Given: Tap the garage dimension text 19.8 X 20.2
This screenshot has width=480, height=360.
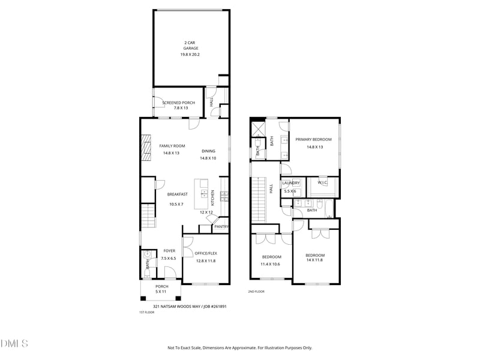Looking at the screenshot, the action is tap(190, 55).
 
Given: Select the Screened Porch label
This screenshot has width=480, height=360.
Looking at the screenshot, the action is tap(178, 103).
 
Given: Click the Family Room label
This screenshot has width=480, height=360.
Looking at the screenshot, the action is tap(172, 146).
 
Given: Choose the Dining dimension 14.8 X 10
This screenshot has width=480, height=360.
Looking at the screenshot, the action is tap(208, 158).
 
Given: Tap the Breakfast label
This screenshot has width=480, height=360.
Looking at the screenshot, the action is tap(177, 194).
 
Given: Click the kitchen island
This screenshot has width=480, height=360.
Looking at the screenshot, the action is tap(201, 194).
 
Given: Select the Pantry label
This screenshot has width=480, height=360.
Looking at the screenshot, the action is tap(221, 227).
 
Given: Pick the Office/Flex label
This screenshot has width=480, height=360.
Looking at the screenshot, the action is tap(206, 253).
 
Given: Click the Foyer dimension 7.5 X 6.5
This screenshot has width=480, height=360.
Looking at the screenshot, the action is tap(169, 259).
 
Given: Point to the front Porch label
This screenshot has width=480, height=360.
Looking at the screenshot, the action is tap(161, 287).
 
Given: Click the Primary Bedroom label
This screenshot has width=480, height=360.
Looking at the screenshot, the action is tap(313, 140).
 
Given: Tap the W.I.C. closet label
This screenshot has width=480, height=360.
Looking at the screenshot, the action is tap(322, 183).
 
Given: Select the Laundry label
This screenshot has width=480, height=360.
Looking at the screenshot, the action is tap(291, 183).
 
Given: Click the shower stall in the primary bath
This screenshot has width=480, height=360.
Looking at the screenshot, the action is tap(258, 128).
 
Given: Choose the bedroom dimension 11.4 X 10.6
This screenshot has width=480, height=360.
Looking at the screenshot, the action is tap(270, 264).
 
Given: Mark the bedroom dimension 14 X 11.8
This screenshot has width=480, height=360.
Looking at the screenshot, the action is tap(314, 260).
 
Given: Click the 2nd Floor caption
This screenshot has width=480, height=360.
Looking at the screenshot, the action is tap(256, 292).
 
